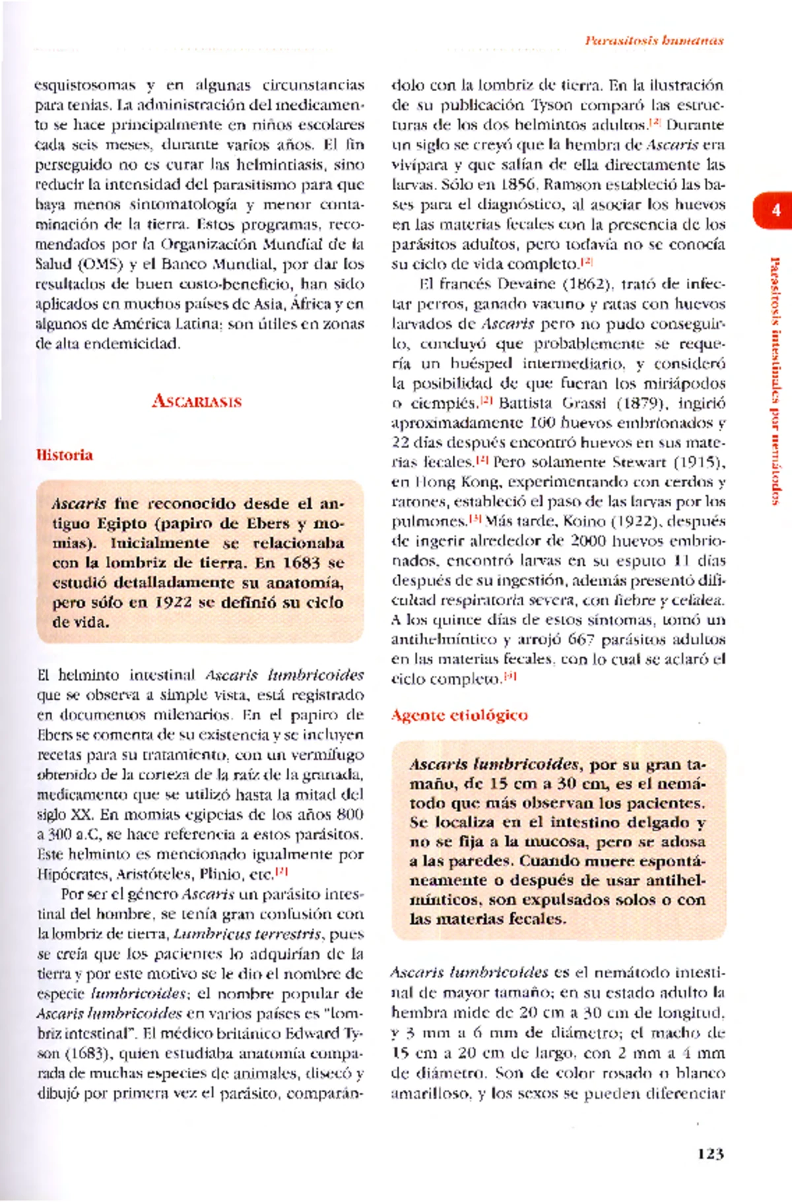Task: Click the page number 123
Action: click(710, 1153)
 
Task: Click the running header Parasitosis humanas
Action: click(653, 40)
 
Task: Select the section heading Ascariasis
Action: click(197, 401)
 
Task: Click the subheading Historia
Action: click(64, 455)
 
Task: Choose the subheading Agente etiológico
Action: click(459, 715)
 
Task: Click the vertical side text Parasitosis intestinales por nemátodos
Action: click(775, 381)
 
